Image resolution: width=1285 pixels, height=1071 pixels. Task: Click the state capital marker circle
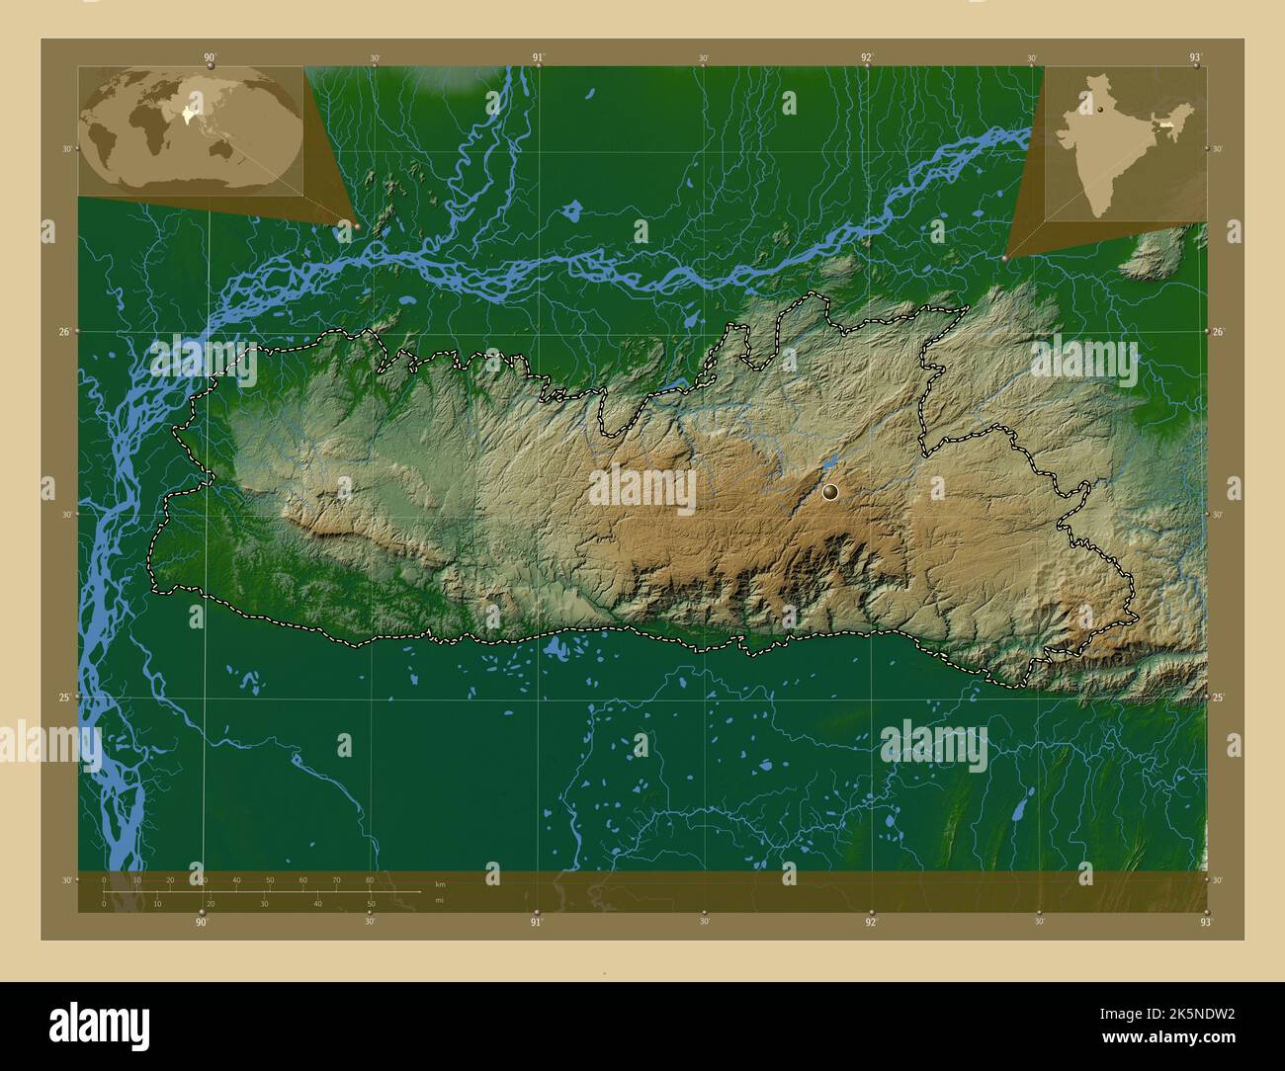click(830, 490)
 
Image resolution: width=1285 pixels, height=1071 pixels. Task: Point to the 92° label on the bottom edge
click(871, 922)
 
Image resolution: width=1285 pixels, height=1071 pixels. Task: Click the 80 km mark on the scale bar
click(370, 879)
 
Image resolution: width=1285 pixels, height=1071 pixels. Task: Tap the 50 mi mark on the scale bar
click(371, 903)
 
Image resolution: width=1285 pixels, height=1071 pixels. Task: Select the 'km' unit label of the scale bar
click(440, 884)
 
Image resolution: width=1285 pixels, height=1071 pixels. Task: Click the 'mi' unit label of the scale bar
click(440, 900)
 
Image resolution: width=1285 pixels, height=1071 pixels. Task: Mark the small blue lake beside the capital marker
click(830, 461)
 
